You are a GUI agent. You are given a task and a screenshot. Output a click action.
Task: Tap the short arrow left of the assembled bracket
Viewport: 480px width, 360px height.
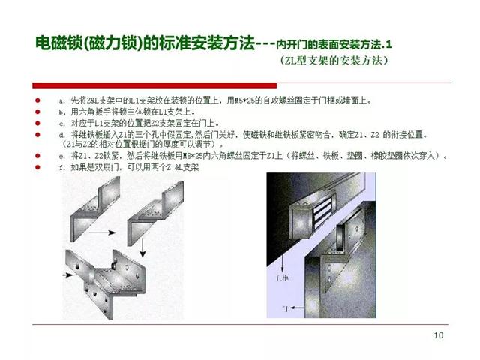70,275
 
